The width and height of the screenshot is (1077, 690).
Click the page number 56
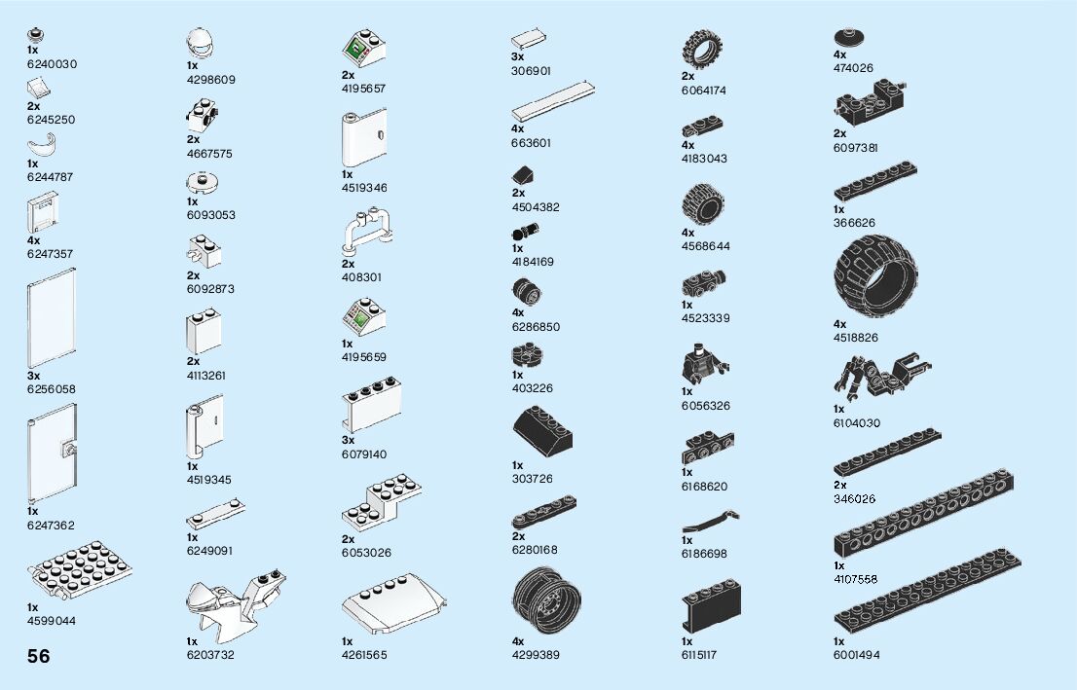coord(39,656)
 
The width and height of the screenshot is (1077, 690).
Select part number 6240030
coord(52,64)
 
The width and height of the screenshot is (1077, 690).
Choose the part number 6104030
coord(856,423)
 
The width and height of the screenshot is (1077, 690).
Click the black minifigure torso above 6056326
coord(699,363)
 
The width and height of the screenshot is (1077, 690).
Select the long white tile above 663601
coord(553,101)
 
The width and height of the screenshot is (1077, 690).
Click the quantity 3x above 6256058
coord(34,375)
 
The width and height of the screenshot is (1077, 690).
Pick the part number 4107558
coord(855,579)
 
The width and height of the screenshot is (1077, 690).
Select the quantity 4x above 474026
coord(840,55)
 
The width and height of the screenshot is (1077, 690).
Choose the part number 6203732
coord(210,655)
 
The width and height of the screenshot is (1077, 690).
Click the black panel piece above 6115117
coord(706,608)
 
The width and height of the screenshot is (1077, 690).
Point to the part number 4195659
coord(364,357)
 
